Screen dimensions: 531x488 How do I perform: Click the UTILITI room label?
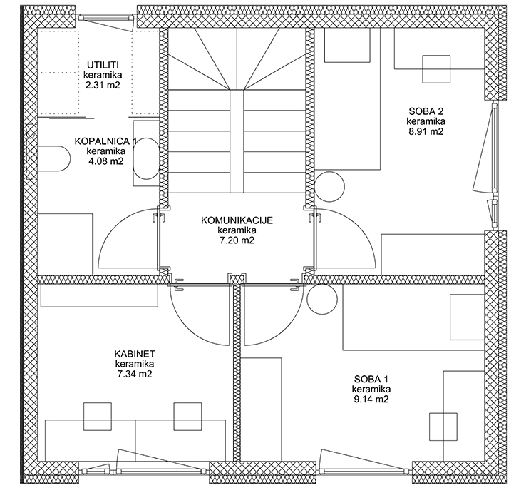103,65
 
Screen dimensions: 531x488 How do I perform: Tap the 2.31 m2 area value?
103,85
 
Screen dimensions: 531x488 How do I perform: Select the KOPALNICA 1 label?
105,141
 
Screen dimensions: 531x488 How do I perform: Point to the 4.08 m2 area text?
106,161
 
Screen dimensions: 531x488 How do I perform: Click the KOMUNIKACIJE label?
237,220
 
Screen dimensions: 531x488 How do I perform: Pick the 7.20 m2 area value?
237,240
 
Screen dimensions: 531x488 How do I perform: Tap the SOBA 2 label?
426,111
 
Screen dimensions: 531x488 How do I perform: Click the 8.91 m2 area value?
426,131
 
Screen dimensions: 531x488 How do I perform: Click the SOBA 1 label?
371,379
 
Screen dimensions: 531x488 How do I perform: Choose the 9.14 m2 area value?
371,399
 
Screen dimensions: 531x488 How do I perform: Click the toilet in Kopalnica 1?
53,158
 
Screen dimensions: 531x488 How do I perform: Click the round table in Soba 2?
330,187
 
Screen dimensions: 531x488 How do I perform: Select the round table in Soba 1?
322,299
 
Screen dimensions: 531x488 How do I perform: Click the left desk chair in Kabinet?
98,417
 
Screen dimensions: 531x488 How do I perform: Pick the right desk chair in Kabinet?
187,417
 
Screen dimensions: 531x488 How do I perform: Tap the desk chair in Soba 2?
436,69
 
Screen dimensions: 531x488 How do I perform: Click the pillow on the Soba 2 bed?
347,45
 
